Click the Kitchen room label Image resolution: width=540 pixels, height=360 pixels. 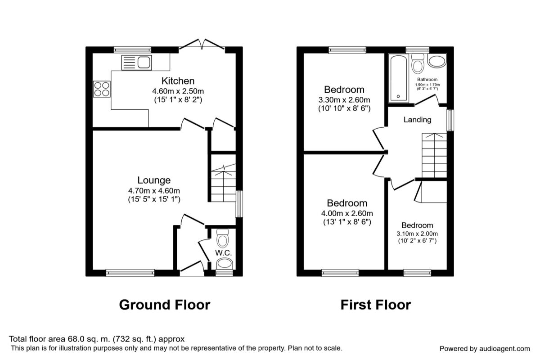click(x=178, y=81)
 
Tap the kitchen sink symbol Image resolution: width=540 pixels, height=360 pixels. click(x=137, y=63)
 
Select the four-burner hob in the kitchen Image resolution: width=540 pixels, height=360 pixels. click(x=102, y=89)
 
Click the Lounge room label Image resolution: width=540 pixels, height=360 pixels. click(x=154, y=180)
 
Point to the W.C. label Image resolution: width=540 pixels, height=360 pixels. click(x=224, y=253)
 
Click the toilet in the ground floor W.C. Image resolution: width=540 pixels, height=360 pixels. click(x=222, y=238)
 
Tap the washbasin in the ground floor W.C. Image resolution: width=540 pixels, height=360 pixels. click(x=225, y=264)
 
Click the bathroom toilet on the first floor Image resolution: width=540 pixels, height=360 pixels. click(x=418, y=63)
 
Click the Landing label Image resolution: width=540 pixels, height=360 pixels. click(x=418, y=120)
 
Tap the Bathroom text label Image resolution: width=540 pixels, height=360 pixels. click(x=427, y=80)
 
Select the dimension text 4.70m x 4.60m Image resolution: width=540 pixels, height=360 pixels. click(x=154, y=191)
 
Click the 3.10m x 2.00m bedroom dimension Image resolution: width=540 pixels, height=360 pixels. click(x=417, y=234)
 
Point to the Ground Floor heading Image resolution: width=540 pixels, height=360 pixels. click(x=165, y=305)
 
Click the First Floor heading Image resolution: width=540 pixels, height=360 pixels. click(x=376, y=305)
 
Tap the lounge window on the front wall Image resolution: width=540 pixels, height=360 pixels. click(x=130, y=273)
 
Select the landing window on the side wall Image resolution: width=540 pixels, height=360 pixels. click(x=450, y=121)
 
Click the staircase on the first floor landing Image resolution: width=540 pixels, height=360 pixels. click(x=434, y=156)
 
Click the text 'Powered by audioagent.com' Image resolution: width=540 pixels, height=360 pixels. click(x=485, y=349)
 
